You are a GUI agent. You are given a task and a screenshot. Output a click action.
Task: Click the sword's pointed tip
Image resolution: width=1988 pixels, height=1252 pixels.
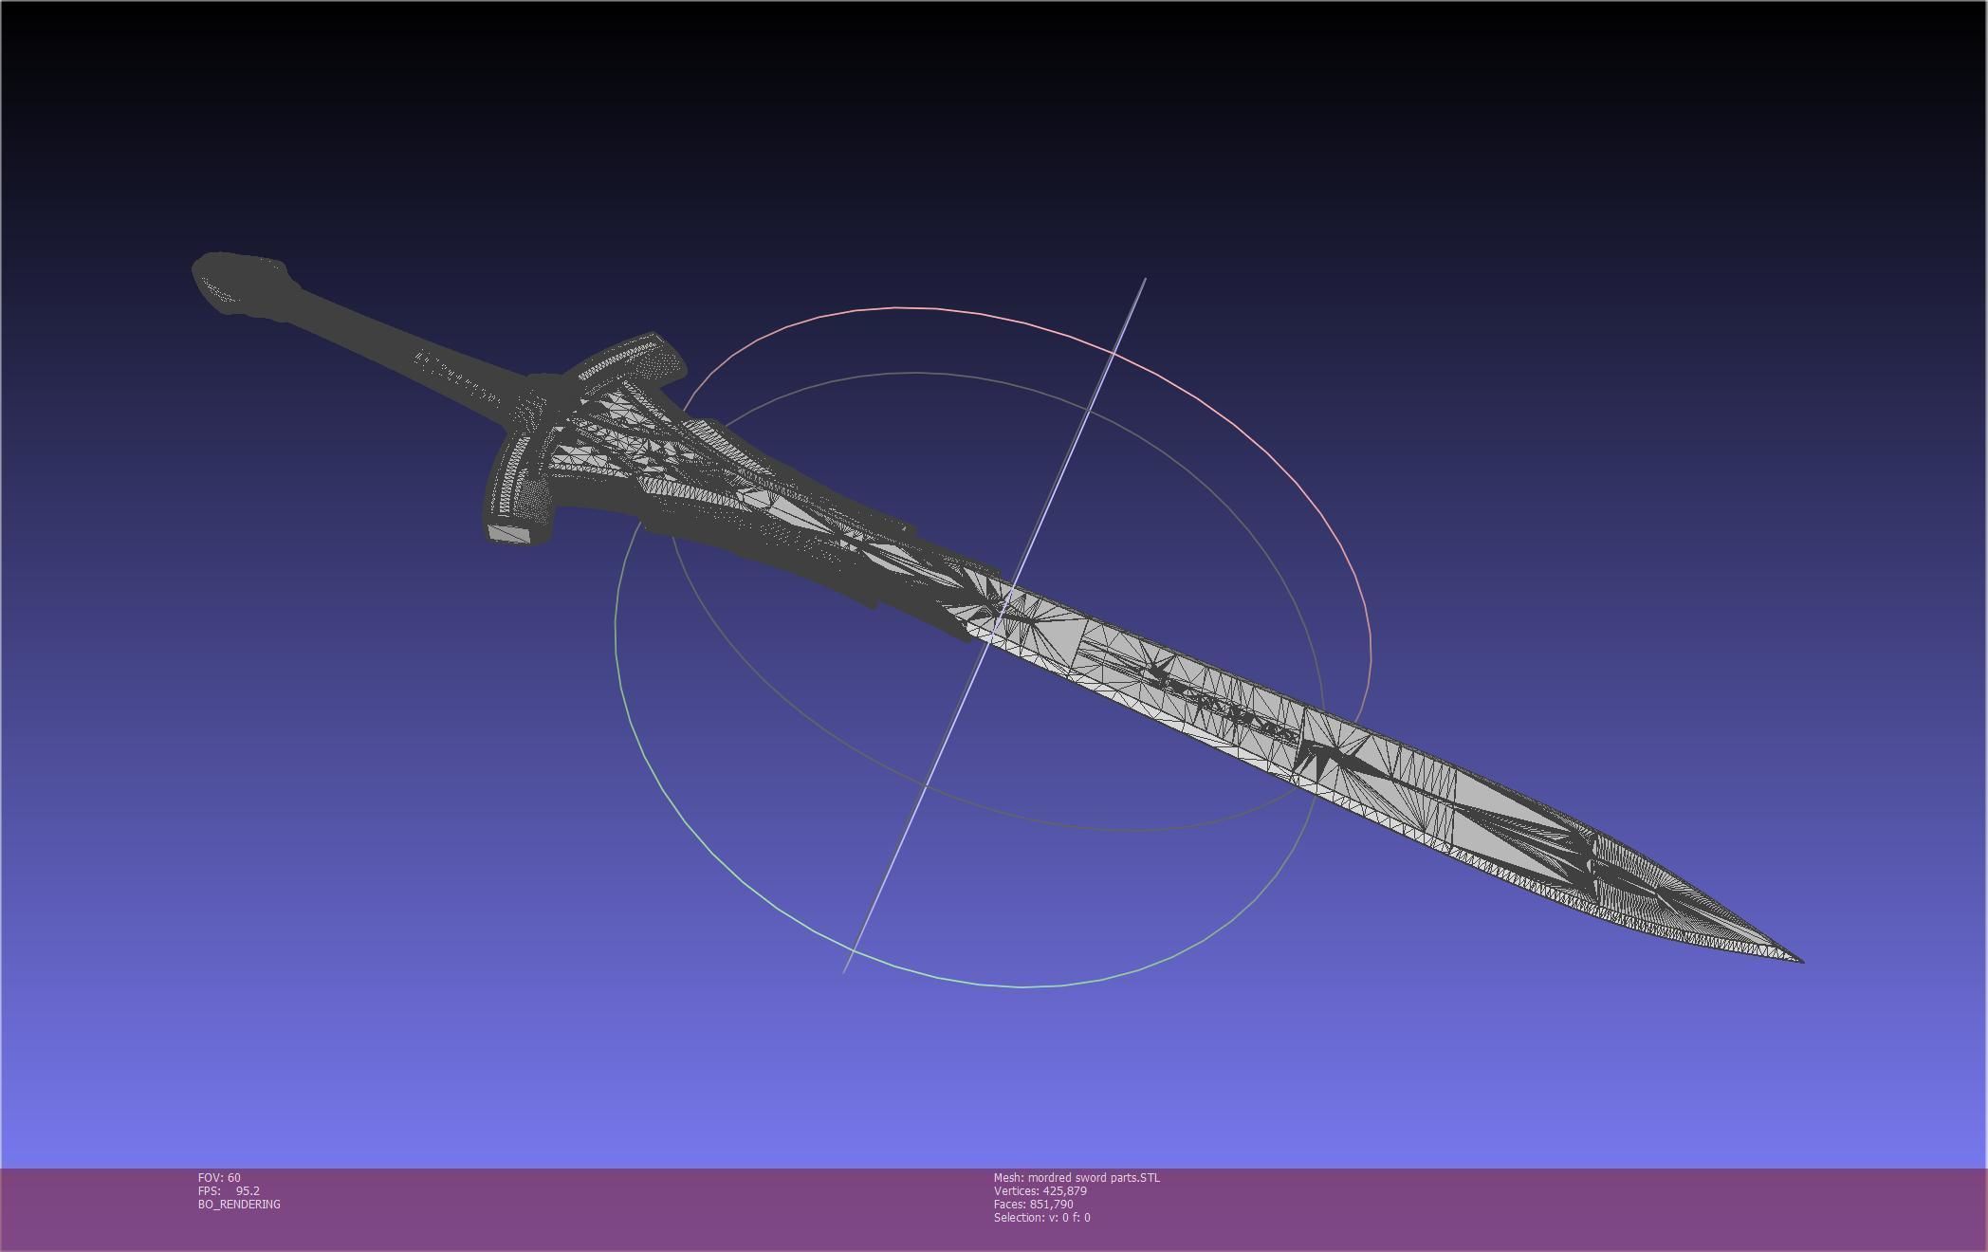tap(1799, 960)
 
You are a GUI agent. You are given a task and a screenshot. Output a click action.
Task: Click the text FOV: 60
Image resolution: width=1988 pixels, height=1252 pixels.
tap(219, 1178)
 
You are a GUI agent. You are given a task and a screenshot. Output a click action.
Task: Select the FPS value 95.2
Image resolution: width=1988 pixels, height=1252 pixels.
tap(248, 1191)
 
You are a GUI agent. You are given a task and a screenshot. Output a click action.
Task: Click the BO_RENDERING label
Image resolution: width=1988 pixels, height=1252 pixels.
tap(239, 1205)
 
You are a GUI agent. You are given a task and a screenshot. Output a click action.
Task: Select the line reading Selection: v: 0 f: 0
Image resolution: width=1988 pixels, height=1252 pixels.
tap(1041, 1218)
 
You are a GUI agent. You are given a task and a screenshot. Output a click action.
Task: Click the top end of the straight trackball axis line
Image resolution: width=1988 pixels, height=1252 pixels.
tap(1145, 280)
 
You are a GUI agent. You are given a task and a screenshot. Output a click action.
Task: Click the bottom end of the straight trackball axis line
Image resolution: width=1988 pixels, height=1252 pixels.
tap(845, 971)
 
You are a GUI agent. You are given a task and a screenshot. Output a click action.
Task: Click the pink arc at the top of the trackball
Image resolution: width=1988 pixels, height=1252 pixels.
tap(911, 307)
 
